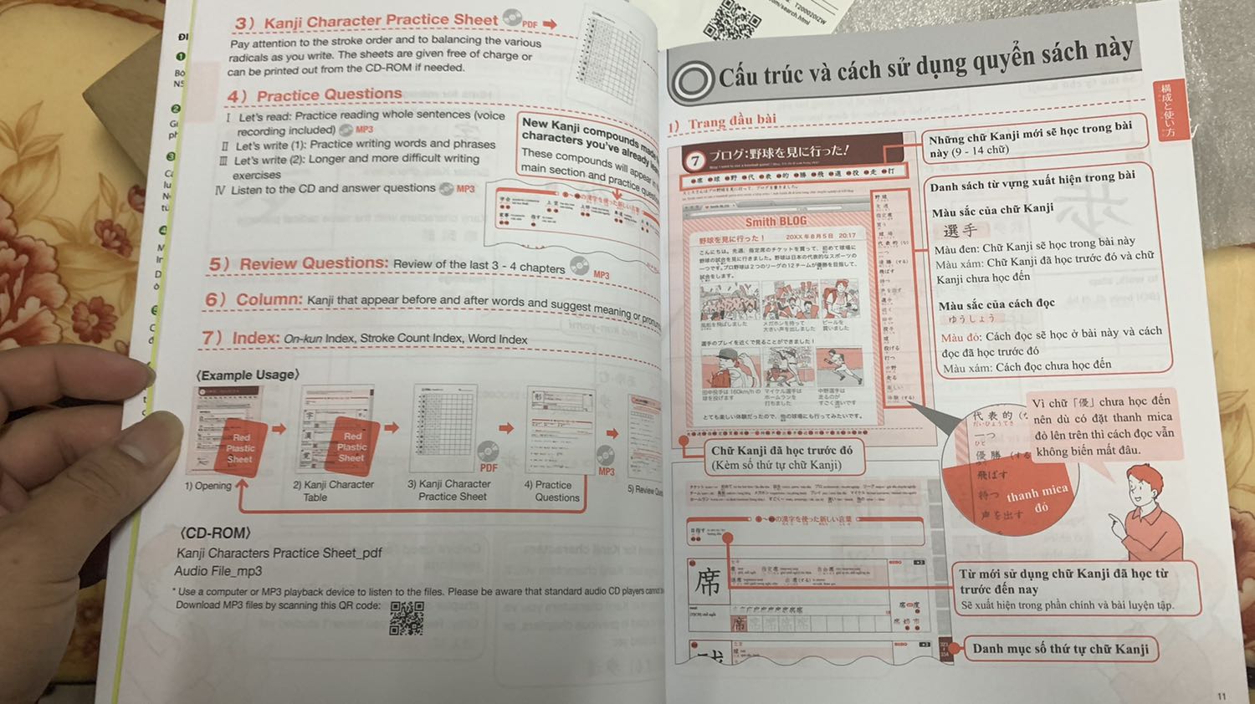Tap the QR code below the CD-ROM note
click(x=407, y=618)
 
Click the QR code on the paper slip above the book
click(x=733, y=21)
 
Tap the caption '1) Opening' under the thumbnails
click(x=208, y=486)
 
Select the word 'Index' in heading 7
click(x=255, y=338)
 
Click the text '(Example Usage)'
click(x=248, y=375)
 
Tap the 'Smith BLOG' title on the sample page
click(x=776, y=222)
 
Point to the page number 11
click(x=1222, y=696)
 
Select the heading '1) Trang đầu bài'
click(x=722, y=123)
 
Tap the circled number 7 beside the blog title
click(x=694, y=160)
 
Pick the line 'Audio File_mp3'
click(x=218, y=571)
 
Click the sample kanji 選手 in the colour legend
click(x=960, y=230)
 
